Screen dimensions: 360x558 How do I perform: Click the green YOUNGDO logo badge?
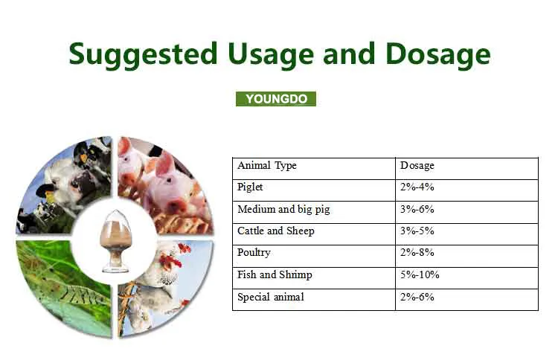(276, 99)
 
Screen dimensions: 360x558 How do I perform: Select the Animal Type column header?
(266, 165)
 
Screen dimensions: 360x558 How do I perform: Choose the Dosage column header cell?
(417, 165)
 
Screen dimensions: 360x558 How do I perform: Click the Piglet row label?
(250, 187)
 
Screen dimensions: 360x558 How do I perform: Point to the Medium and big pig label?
(283, 209)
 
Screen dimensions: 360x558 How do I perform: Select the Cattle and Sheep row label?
(275, 231)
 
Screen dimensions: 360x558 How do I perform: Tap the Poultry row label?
(254, 253)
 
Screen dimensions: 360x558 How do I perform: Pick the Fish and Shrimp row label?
(275, 274)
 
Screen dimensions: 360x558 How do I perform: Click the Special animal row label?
(270, 297)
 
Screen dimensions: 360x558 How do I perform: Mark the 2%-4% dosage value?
(417, 187)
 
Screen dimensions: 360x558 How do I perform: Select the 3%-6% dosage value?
(417, 209)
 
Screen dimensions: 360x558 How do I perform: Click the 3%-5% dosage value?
(417, 231)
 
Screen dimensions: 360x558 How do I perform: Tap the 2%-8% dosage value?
(417, 253)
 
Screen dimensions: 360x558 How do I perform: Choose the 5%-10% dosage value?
(420, 274)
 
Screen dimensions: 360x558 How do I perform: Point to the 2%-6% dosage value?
(417, 297)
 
